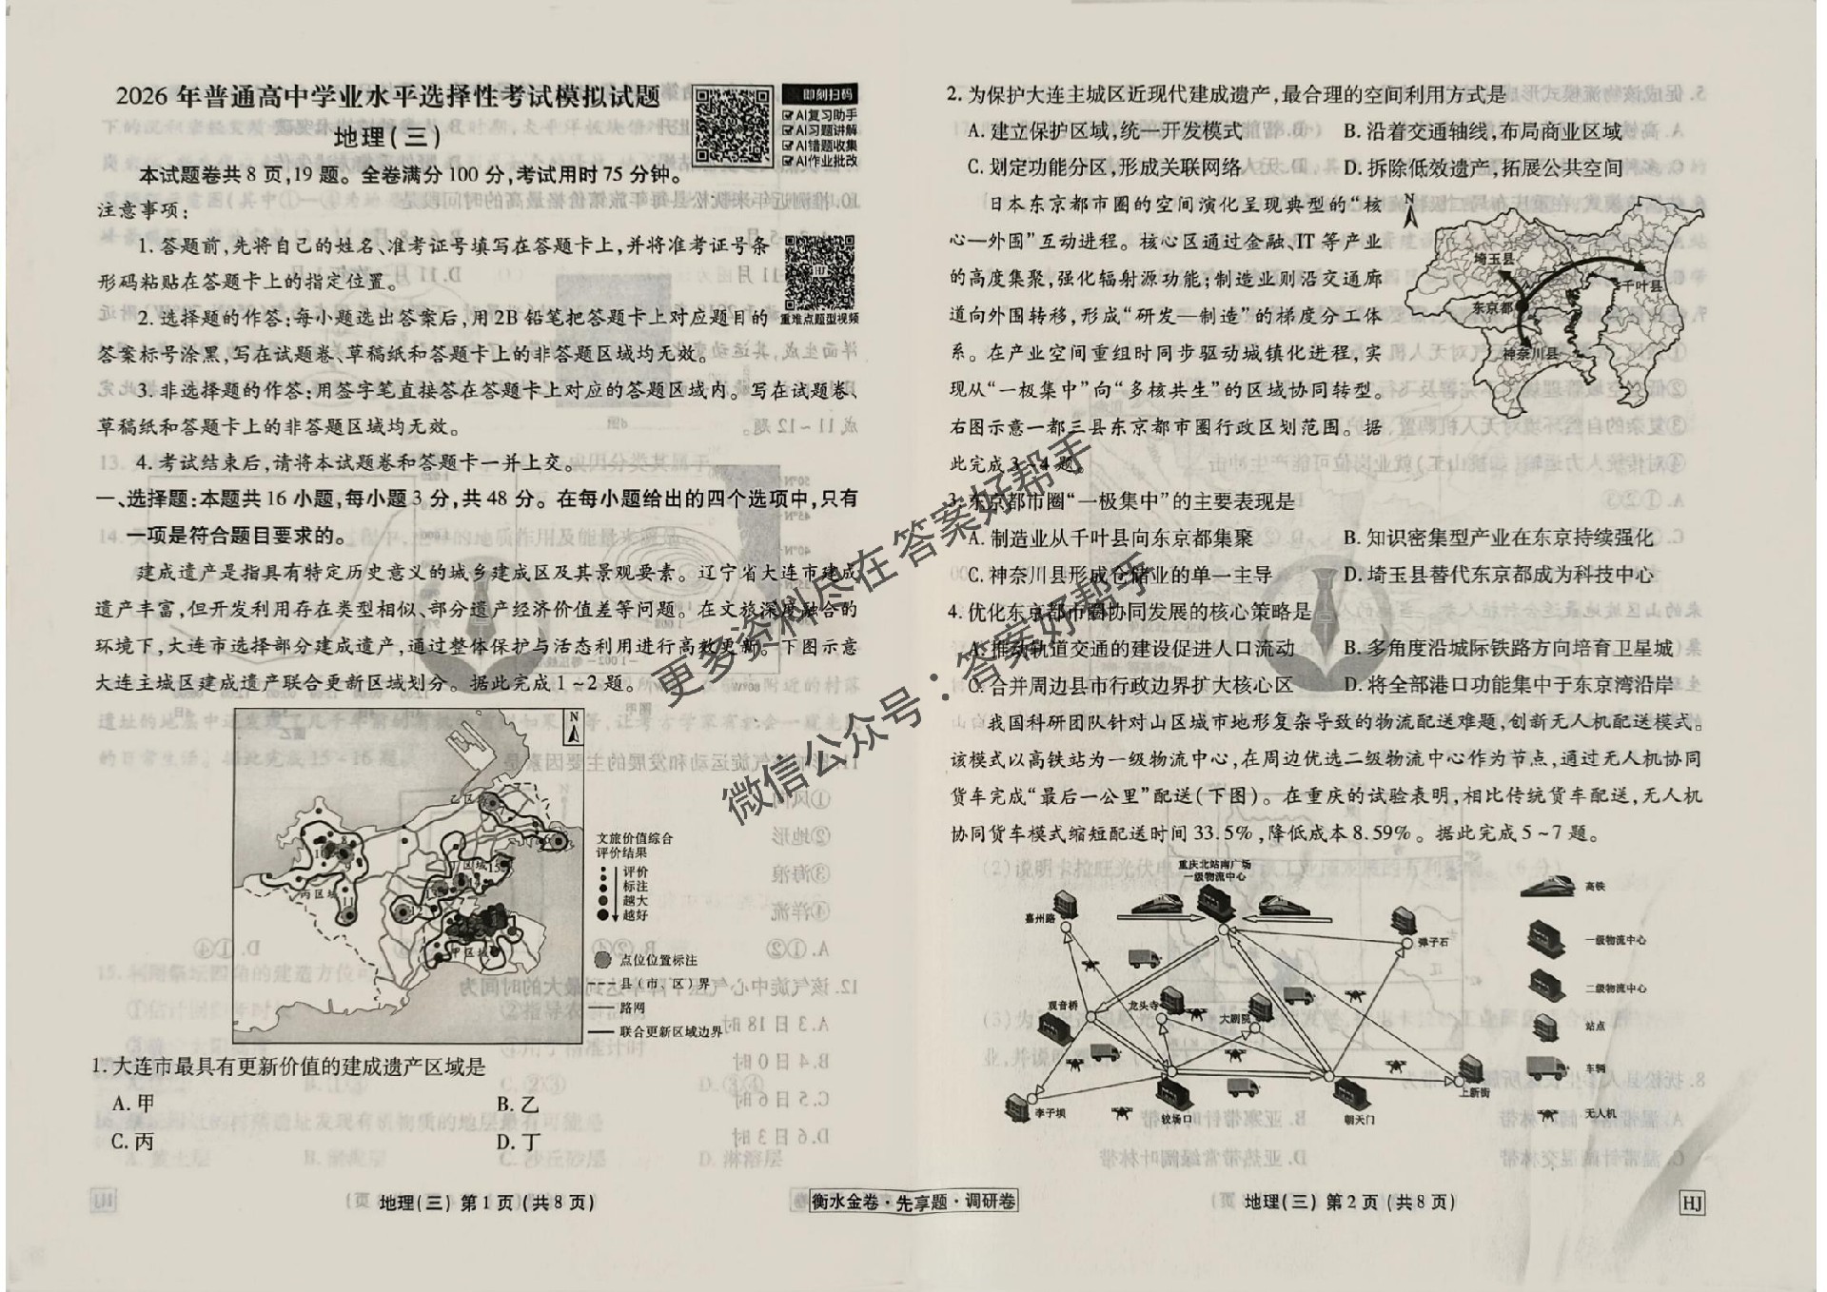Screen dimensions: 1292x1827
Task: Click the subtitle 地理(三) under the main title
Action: pyautogui.click(x=388, y=137)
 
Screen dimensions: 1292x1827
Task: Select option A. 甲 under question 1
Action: pyautogui.click(x=132, y=1104)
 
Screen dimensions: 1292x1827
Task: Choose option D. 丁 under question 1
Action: pyautogui.click(x=519, y=1141)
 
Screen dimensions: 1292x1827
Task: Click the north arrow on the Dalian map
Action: pyautogui.click(x=574, y=727)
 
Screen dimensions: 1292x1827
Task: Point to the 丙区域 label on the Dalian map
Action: pyautogui.click(x=319, y=894)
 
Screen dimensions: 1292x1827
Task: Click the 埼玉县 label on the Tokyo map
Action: pyautogui.click(x=1492, y=257)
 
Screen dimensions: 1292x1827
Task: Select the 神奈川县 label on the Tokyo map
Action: pyautogui.click(x=1529, y=354)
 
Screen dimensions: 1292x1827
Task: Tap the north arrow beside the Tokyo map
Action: pyautogui.click(x=1410, y=211)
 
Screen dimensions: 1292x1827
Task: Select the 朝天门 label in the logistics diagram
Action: pyautogui.click(x=1359, y=1120)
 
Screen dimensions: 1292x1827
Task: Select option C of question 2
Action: pyautogui.click(x=1104, y=167)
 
